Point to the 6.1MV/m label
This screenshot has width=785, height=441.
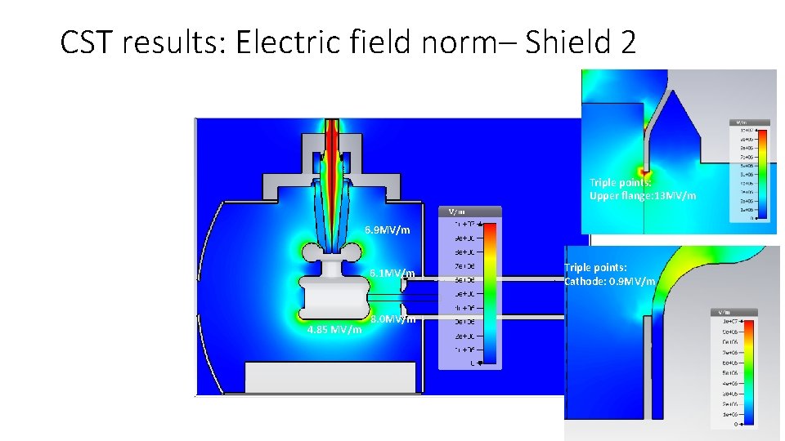click(x=392, y=273)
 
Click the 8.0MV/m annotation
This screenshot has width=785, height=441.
click(x=393, y=319)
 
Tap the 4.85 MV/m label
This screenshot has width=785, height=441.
click(x=334, y=330)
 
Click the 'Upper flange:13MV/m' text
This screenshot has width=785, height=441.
click(x=643, y=196)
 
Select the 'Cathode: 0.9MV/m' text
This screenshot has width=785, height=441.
click(x=610, y=281)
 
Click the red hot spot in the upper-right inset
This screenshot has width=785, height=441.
click(x=645, y=174)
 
